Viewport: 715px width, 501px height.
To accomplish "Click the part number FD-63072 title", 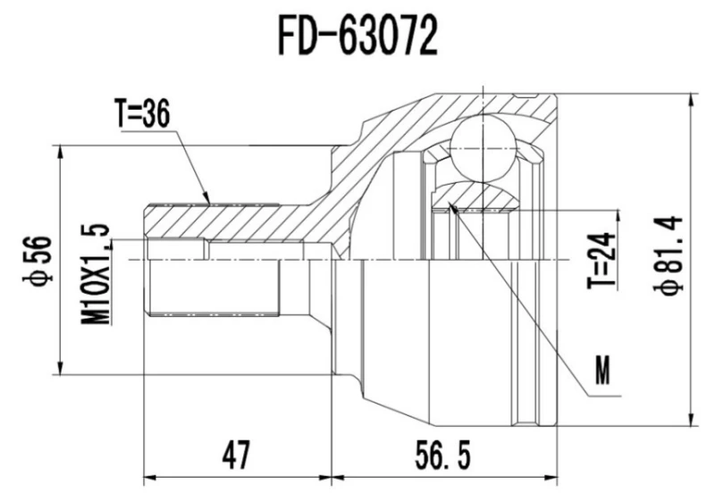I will tap(357, 37).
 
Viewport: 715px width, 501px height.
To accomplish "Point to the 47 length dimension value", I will tap(234, 455).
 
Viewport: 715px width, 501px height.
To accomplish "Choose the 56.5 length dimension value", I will tap(441, 455).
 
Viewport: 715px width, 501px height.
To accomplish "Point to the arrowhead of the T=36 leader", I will tap(208, 201).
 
